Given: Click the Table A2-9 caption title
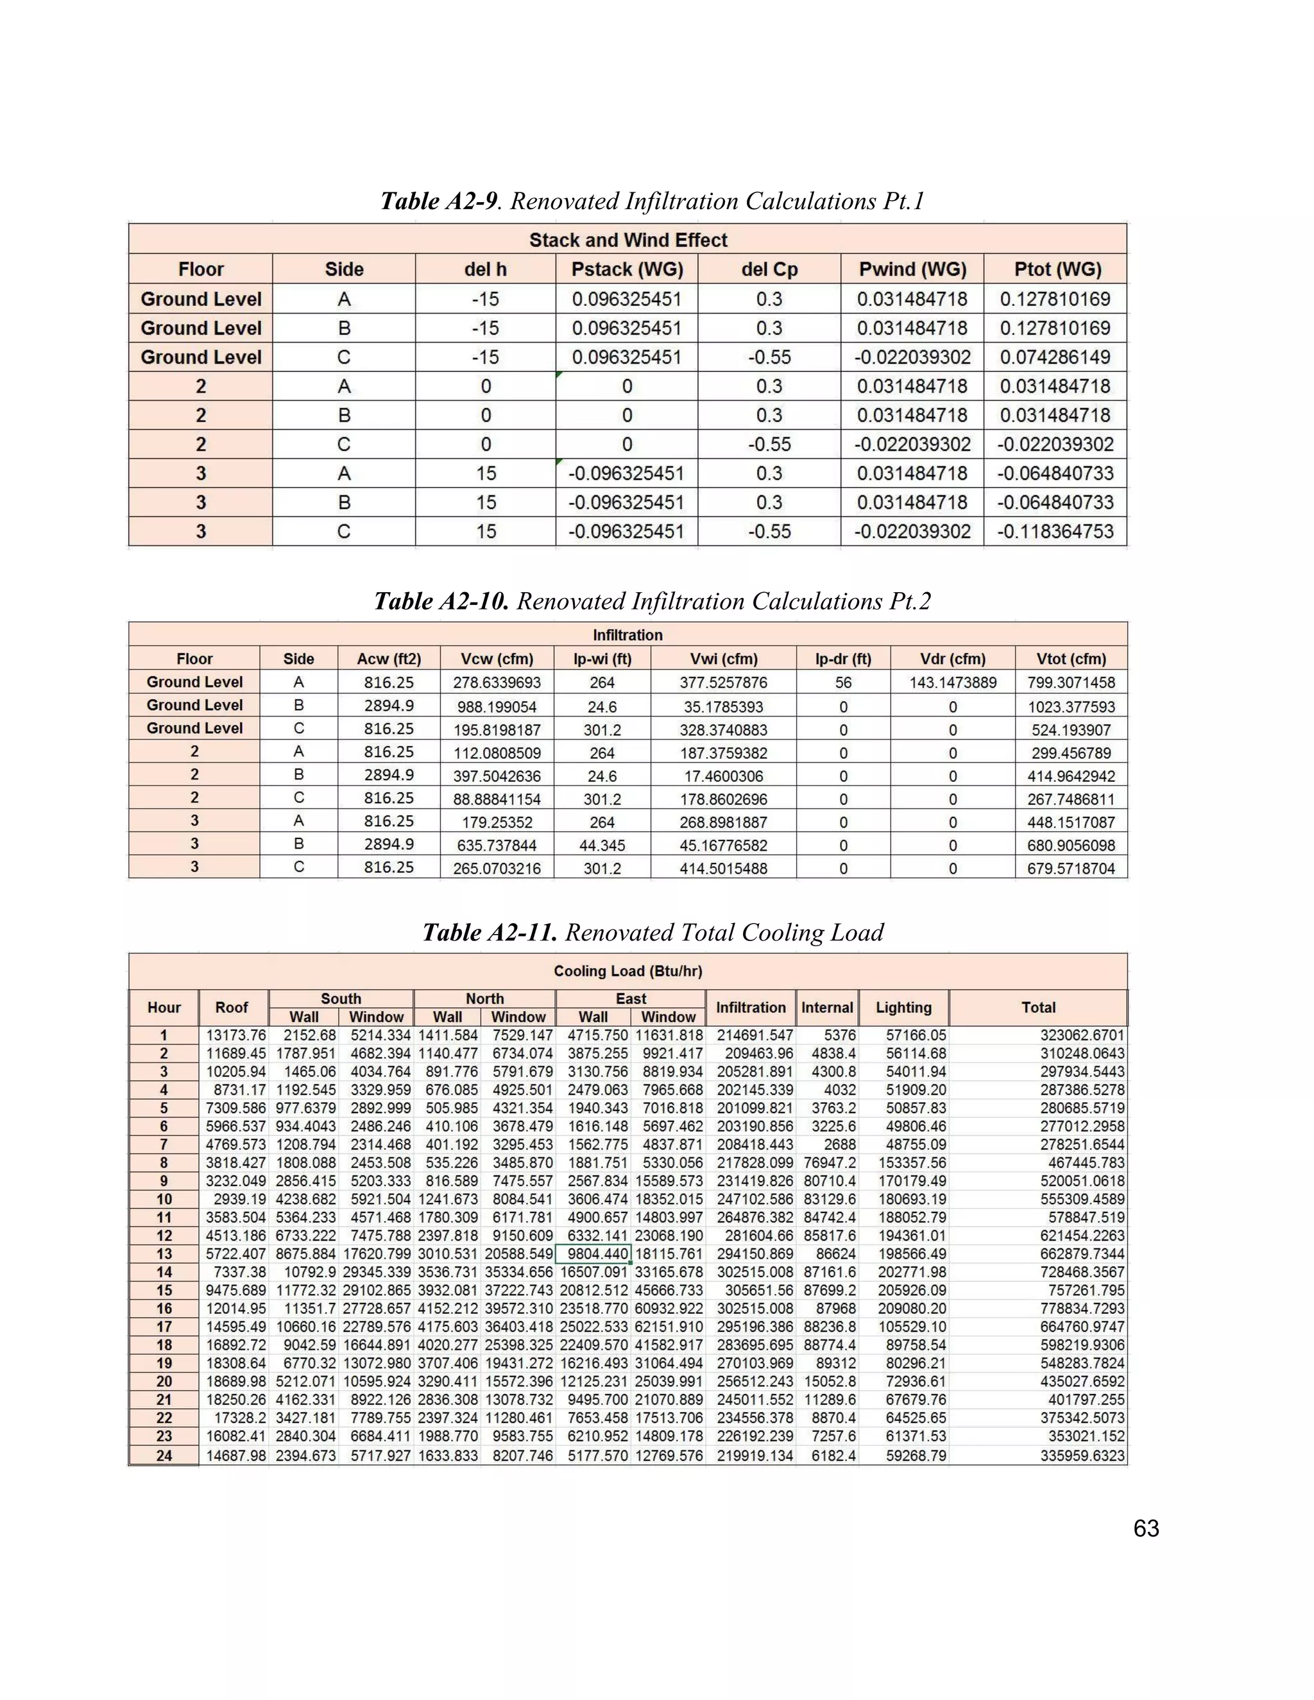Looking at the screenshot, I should click(653, 201).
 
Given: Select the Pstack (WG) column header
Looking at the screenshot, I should click(627, 269).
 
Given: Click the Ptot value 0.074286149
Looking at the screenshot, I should click(1055, 357).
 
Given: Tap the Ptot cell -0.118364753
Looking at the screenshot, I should click(1055, 532).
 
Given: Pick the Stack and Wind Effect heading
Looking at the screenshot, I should click(627, 240).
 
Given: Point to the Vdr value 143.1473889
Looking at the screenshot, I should click(952, 683).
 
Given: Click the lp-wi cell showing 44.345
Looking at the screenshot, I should click(602, 846).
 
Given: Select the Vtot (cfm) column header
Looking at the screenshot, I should click(1070, 659).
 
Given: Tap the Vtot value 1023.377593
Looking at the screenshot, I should click(1070, 707).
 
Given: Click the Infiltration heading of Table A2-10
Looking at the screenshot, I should click(627, 635).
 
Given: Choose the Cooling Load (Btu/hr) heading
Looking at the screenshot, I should click(627, 971).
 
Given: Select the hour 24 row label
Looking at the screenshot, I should click(164, 1456).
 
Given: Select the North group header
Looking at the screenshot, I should click(484, 999).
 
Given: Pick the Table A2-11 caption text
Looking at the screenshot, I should click(653, 933).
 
